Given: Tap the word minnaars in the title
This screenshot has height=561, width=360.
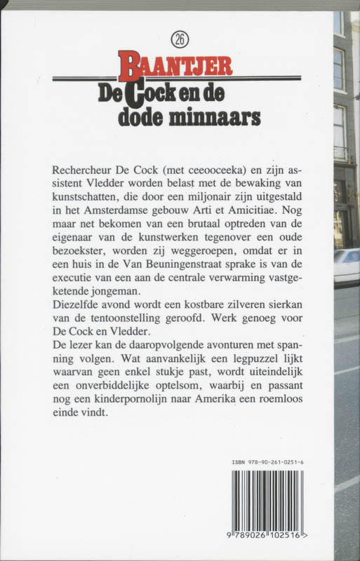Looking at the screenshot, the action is [220, 116].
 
